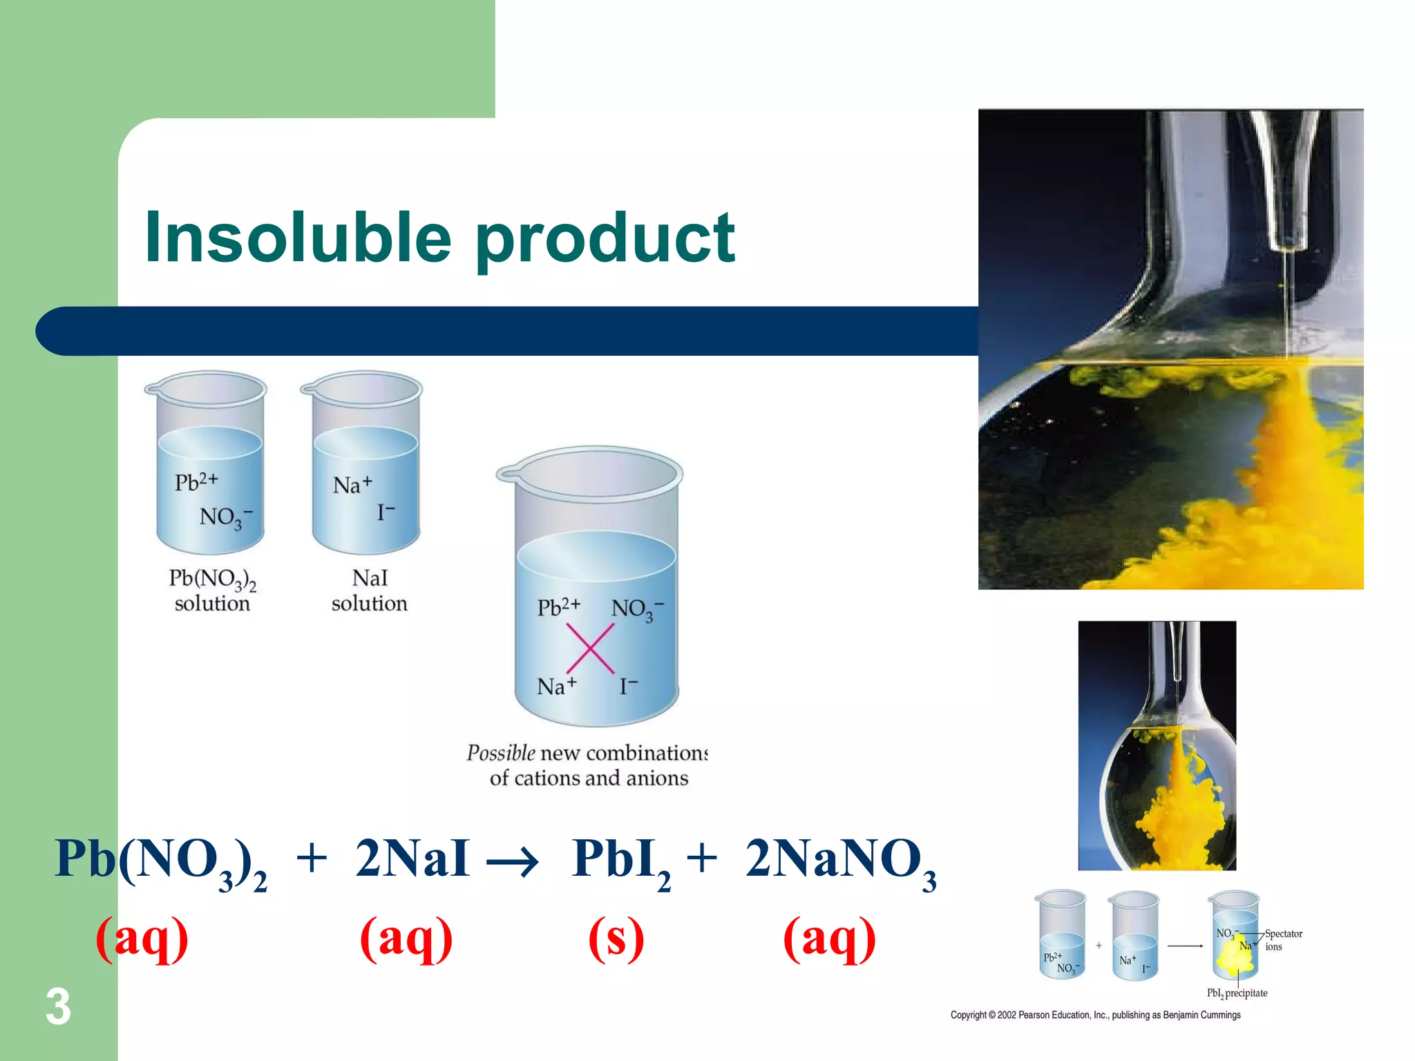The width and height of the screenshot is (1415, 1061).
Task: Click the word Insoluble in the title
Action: (297, 238)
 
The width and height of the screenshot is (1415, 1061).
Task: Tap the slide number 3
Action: (58, 1007)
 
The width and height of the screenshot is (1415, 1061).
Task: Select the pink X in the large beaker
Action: (590, 648)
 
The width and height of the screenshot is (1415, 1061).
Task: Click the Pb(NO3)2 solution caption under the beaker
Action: (212, 591)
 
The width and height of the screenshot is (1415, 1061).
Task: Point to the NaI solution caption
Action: (370, 591)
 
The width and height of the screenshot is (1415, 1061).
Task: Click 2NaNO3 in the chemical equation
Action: (840, 861)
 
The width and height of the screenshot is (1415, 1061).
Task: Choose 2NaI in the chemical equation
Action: (412, 859)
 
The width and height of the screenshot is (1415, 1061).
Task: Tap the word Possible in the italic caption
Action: (501, 753)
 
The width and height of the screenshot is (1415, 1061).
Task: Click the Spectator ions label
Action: (1283, 940)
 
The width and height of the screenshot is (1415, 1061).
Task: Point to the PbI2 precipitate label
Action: (1237, 993)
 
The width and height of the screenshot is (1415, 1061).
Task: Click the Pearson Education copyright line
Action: (1095, 1015)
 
